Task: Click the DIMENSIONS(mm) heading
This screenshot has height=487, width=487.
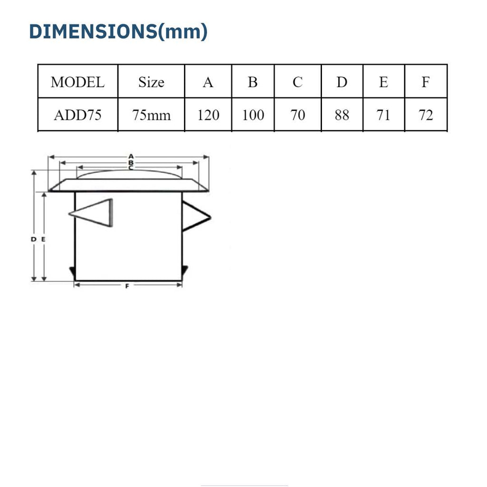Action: point(118,31)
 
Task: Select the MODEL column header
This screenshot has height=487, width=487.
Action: point(78,82)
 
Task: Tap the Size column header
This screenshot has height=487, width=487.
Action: point(151,82)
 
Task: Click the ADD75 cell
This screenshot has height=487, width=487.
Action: point(78,115)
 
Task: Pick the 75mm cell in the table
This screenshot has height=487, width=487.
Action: point(151,115)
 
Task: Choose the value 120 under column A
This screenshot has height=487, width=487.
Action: point(208,115)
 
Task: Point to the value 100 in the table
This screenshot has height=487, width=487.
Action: point(253,115)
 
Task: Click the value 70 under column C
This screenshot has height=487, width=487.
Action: point(298,115)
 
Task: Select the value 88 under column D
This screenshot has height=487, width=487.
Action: point(342,115)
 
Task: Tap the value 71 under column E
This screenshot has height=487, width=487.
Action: point(383,115)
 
